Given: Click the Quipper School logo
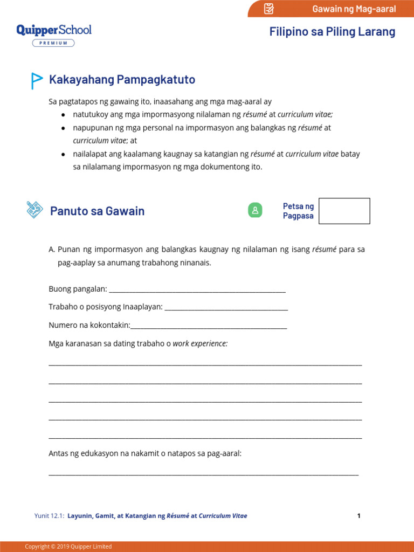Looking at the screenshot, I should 54,30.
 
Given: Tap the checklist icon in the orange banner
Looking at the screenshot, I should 269,9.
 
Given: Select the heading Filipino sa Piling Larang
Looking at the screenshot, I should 332,32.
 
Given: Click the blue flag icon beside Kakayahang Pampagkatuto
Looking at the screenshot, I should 36,80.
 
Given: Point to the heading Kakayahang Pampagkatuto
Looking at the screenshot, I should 122,80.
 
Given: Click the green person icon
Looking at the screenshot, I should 255,211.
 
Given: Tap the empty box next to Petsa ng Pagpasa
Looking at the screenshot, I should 344,211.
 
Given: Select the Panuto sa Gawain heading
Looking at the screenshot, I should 97,211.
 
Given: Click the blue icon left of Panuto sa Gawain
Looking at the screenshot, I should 34,210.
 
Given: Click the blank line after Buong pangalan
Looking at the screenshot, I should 197,291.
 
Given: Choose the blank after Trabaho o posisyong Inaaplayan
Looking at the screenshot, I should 226,307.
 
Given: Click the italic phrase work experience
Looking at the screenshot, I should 200,343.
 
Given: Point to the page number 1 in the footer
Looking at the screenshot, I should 358,516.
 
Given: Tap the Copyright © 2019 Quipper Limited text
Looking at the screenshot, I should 68,547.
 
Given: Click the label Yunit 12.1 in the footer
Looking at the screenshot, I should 49,516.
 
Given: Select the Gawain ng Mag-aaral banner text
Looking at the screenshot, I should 354,9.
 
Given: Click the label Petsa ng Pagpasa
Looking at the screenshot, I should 298,211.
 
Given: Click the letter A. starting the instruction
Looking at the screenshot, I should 52,250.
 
